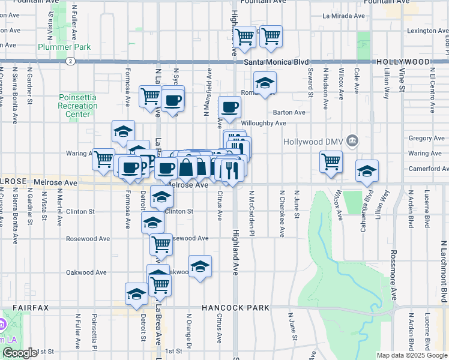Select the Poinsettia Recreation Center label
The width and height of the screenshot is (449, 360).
pyautogui.click(x=78, y=106)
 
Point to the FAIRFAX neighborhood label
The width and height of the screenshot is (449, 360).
pyautogui.click(x=31, y=308)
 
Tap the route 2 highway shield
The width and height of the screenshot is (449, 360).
pyautogui.click(x=71, y=61)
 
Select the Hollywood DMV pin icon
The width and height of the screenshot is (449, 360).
pyautogui.click(x=352, y=142)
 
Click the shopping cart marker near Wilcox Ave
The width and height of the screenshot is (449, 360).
pyautogui.click(x=331, y=162)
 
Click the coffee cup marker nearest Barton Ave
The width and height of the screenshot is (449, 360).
pyautogui.click(x=229, y=108)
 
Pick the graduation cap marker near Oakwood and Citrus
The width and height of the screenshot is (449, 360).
pyautogui.click(x=200, y=266)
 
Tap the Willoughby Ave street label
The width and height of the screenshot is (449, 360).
pyautogui.click(x=264, y=124)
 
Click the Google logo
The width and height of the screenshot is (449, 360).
pyautogui.click(x=20, y=353)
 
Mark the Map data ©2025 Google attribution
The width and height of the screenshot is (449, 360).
pyautogui.click(x=411, y=355)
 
